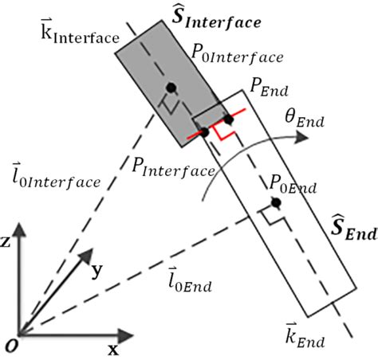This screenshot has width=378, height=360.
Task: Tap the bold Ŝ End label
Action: point(352,229)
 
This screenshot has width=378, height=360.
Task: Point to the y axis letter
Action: point(96,271)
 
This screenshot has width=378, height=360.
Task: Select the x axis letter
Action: point(112,349)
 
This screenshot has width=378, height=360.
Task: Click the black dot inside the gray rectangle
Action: point(171,86)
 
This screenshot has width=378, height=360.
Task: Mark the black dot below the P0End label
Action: point(275,204)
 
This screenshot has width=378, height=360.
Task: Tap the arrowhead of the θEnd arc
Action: point(302,136)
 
